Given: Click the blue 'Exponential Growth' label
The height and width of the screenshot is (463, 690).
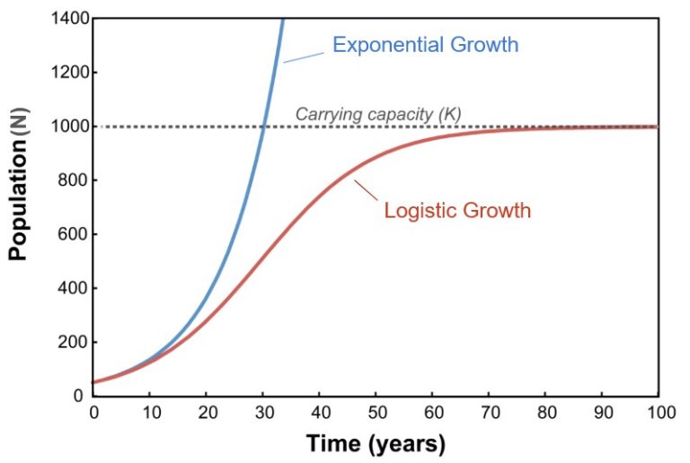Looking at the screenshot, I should click(425, 45).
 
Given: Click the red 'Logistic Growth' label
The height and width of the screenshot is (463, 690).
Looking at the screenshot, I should click(457, 211).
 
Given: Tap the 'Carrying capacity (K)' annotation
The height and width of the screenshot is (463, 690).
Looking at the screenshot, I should click(378, 114).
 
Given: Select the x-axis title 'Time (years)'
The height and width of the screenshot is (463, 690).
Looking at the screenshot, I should click(375, 442).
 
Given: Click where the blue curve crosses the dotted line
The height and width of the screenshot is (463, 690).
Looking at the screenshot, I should click(264, 127).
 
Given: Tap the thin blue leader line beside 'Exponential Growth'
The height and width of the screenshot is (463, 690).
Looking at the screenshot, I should click(304, 57).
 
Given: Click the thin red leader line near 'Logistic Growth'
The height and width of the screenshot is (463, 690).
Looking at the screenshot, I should click(366, 190).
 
